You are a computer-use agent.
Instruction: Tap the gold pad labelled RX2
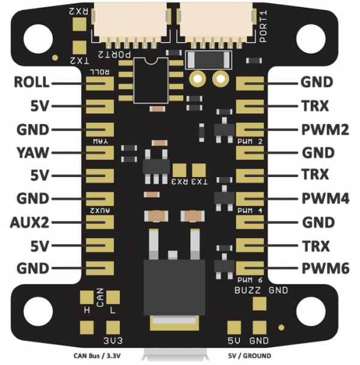79,24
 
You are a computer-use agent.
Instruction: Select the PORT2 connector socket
130,24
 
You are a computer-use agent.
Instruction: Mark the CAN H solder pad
87,297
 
